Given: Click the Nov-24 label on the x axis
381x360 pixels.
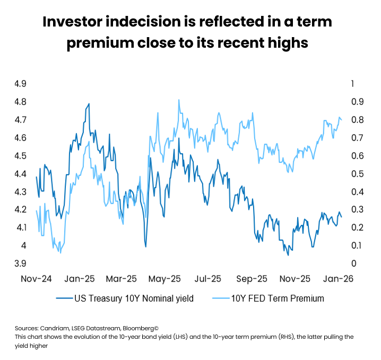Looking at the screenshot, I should pos(37,278).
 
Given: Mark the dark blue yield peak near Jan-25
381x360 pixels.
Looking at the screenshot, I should pos(89,104).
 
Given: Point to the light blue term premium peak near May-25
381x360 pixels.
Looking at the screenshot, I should pos(179,100).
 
